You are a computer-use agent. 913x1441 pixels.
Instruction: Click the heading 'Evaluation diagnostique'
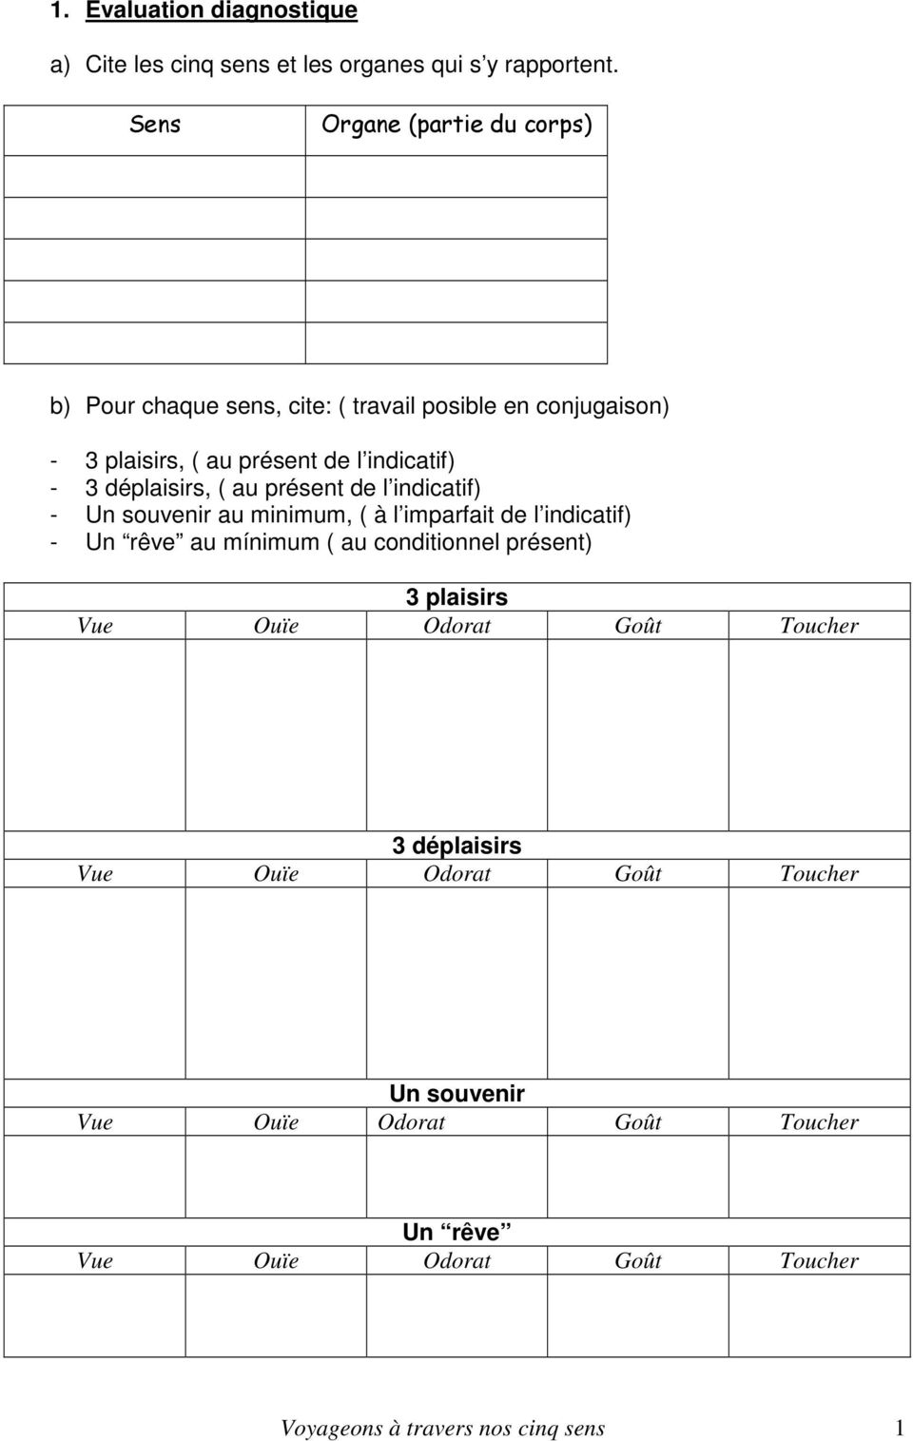click(x=222, y=10)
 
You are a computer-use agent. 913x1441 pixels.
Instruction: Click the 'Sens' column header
click(x=155, y=124)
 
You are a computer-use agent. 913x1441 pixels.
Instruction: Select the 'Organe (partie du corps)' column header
click(x=456, y=124)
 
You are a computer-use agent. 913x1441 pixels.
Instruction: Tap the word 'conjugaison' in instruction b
click(x=602, y=405)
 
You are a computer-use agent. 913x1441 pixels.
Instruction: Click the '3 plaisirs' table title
click(x=456, y=596)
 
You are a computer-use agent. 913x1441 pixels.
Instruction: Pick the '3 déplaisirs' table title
click(x=456, y=845)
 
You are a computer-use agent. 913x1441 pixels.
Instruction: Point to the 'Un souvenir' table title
click(x=456, y=1093)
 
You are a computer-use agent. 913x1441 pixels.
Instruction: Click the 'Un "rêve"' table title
click(x=456, y=1232)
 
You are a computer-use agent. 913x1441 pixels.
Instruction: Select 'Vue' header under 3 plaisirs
click(x=94, y=625)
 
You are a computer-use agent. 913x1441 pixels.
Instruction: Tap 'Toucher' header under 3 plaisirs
click(x=819, y=625)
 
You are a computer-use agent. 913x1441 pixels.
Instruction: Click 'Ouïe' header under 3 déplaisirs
click(x=276, y=873)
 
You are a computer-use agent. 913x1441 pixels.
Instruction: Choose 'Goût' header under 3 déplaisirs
click(x=638, y=873)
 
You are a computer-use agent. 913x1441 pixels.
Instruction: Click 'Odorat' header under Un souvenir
click(x=411, y=1121)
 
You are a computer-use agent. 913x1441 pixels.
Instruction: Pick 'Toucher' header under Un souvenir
click(x=819, y=1121)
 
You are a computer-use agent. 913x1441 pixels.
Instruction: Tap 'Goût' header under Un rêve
click(x=638, y=1260)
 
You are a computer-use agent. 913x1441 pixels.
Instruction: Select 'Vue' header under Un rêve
click(x=94, y=1260)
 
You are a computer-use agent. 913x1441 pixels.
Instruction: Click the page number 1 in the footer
click(x=899, y=1428)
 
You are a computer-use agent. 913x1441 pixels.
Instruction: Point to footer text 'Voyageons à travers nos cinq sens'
click(x=442, y=1428)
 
